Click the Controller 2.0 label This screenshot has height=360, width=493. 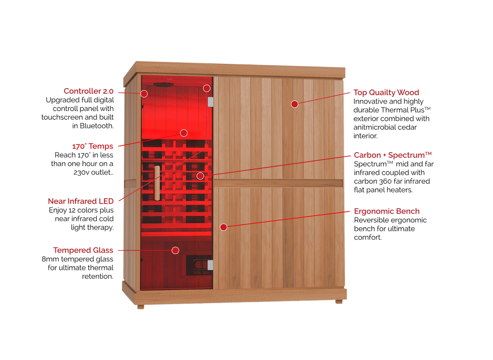click(x=89, y=91)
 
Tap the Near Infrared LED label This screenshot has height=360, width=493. click(x=80, y=201)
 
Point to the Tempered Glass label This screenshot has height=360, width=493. click(x=83, y=250)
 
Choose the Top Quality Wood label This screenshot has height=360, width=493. click(x=387, y=93)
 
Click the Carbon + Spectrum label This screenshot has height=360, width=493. click(x=393, y=155)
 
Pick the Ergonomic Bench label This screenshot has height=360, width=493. click(x=387, y=211)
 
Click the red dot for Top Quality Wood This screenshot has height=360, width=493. click(x=295, y=104)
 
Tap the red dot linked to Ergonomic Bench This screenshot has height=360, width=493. click(x=223, y=227)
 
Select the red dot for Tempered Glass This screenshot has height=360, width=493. click(x=175, y=250)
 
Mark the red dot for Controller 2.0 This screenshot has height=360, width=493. click(x=144, y=93)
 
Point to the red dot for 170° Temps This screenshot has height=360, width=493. click(x=183, y=132)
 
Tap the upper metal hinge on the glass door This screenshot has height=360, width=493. click(x=210, y=102)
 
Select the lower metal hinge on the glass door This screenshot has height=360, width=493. click(x=210, y=265)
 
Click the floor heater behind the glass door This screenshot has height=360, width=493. click(x=198, y=265)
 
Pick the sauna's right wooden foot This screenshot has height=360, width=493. click(x=339, y=302)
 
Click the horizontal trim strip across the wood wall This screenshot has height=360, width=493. click(x=278, y=183)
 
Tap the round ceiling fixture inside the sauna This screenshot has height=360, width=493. click(x=162, y=85)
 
